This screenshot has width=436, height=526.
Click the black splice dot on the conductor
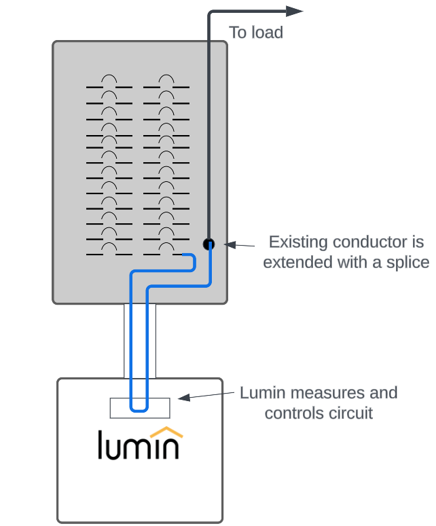(x=208, y=244)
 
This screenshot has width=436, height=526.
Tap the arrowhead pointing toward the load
(x=295, y=11)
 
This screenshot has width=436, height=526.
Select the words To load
(x=256, y=32)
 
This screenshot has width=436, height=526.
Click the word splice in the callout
(x=405, y=262)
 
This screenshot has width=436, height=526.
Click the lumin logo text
(x=139, y=445)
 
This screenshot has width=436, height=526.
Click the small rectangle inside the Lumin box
(x=140, y=407)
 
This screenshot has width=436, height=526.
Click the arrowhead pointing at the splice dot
(x=229, y=244)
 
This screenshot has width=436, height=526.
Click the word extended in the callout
(x=294, y=262)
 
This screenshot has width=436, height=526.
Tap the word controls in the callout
(x=291, y=412)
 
